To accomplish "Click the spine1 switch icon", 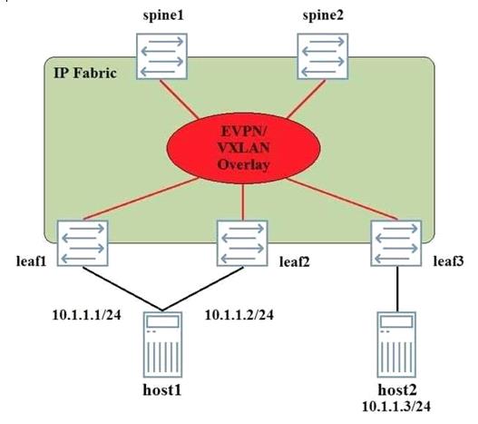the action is coord(161,56).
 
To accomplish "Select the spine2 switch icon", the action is coord(323,56).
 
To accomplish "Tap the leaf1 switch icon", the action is coord(83,243).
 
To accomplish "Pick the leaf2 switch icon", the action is coord(242,243).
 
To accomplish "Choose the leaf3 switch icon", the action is coord(396,243).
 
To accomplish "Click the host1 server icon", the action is coord(162,345).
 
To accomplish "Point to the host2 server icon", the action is coord(396,345).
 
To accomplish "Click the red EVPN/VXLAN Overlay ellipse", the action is coord(243,148).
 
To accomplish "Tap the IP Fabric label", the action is coord(85,74).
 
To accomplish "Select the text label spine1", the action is coord(163,15).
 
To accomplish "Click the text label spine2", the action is coord(323,15).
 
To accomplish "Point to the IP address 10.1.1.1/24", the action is coord(87,315).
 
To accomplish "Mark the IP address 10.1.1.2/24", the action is coord(239,315).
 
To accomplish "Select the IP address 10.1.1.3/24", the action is coord(396,406).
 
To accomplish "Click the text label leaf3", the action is coord(448,261).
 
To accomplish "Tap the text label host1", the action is coord(162,389).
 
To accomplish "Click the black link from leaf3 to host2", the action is coord(397,289).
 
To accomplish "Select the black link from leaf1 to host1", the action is coord(122,289).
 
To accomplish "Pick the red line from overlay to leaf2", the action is coord(243,202).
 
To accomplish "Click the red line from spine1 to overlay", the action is coord(180,99).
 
